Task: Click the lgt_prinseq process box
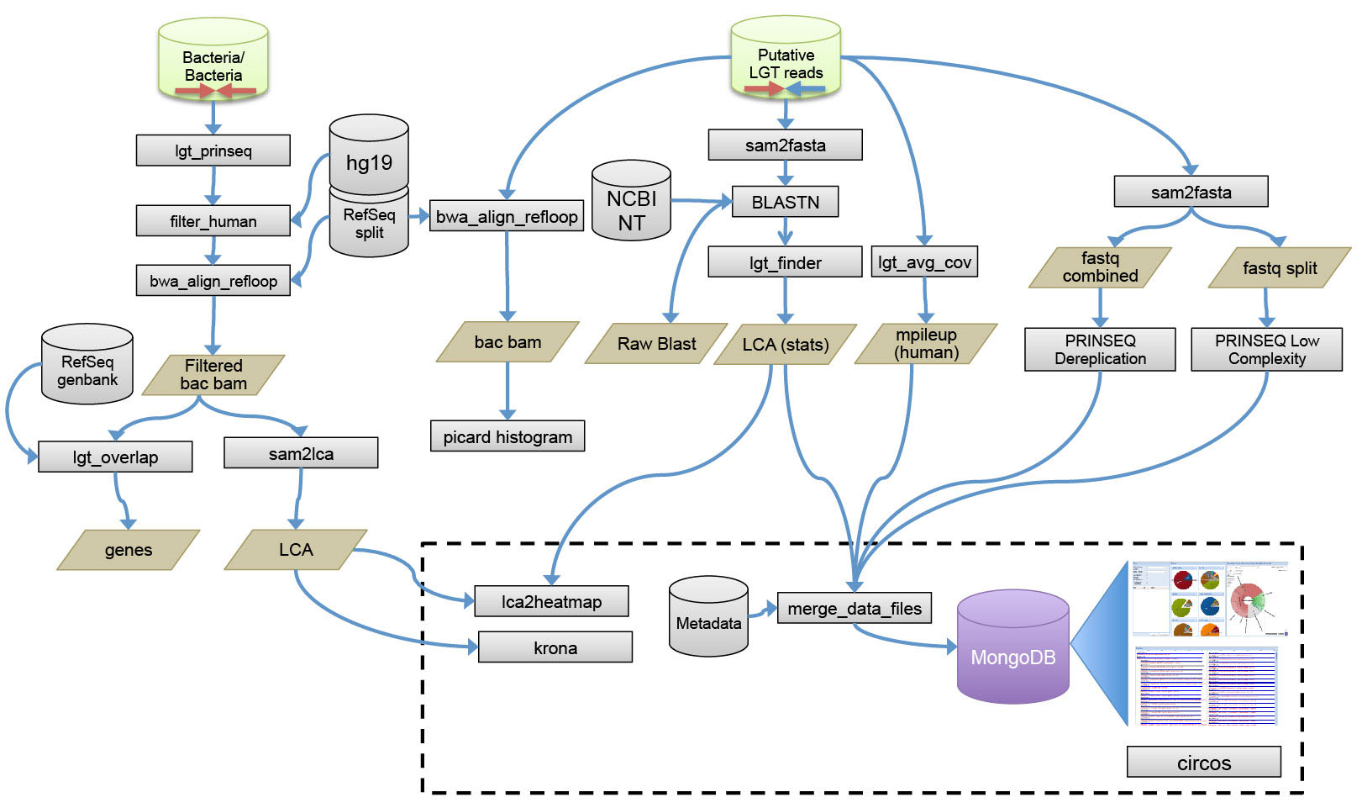tap(213, 151)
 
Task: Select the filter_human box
tap(213, 221)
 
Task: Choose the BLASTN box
tap(785, 202)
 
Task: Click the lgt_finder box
tap(785, 262)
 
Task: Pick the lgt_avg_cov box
tap(924, 261)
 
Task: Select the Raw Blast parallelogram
tap(656, 343)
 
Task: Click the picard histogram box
tap(507, 436)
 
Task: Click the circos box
tap(1203, 763)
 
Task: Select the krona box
tap(555, 647)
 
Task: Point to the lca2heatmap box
tap(551, 601)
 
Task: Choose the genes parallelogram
tap(129, 550)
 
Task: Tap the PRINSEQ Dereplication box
tap(1100, 349)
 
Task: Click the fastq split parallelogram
tap(1279, 267)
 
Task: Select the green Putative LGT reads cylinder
tap(786, 59)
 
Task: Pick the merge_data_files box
tap(854, 608)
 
